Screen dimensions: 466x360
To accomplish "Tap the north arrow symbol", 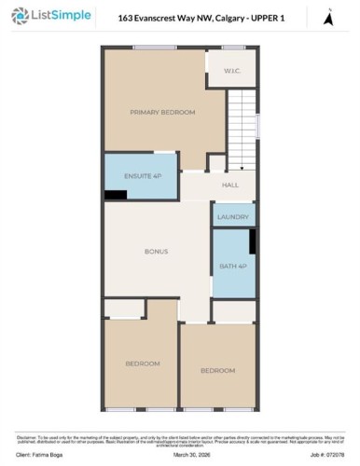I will tap(326, 16).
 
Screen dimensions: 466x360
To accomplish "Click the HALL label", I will tap(230, 185).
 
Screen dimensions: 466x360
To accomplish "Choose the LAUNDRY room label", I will tap(232, 217).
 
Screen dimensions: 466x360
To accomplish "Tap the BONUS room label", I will tap(156, 252).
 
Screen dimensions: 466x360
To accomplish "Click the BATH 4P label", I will tap(232, 267).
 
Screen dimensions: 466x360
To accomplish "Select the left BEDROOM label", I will tap(143, 363).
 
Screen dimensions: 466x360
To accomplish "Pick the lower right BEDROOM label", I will tap(217, 371).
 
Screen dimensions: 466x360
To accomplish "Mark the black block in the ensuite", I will tap(115, 194).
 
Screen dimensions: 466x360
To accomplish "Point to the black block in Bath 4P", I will tap(253, 241).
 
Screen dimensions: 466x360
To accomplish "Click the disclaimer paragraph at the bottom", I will tap(180, 438).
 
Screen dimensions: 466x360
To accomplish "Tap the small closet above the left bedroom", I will tap(124, 308).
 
